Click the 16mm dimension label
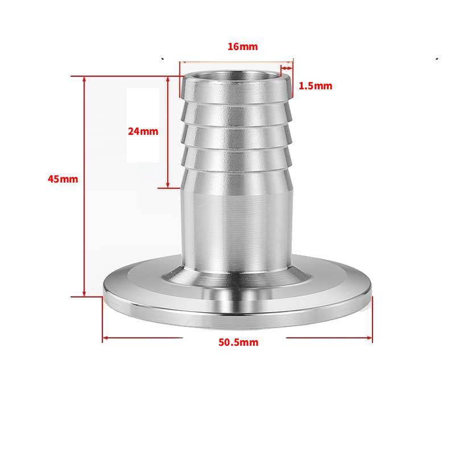pos(243,47)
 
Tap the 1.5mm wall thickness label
pos(316,86)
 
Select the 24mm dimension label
pos(143,131)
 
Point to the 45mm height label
pos(63,179)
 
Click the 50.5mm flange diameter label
pos(238,342)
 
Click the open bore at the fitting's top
pos(237,77)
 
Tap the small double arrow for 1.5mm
pos(287,68)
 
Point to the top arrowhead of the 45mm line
pos(84,80)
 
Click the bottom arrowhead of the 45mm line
pos(84,293)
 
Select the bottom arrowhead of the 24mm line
pos(168,184)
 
